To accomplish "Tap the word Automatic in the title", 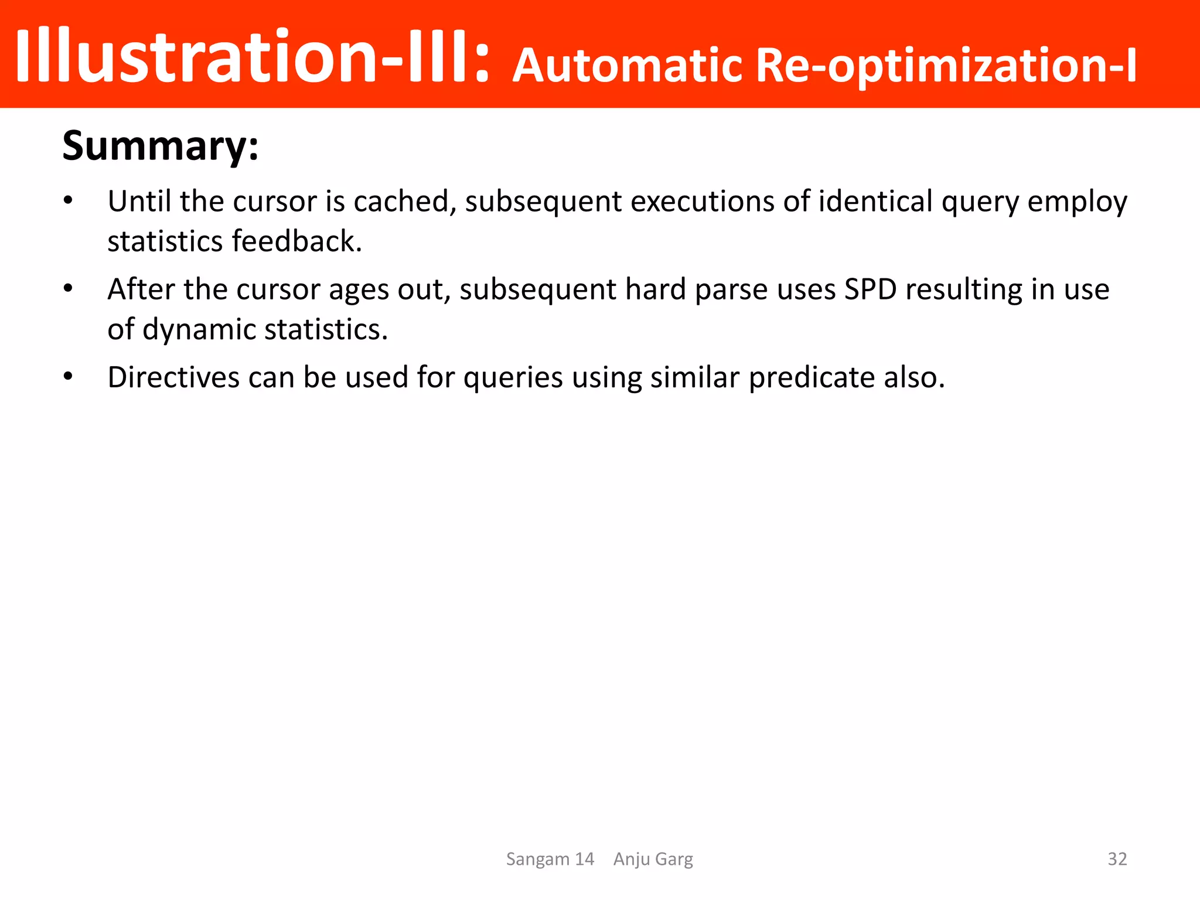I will tap(628, 66).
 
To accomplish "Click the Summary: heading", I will tap(160, 146).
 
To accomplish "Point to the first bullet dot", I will tap(69, 202).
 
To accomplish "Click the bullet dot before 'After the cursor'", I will tap(69, 289).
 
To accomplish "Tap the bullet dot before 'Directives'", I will tap(69, 377).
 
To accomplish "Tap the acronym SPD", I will tap(870, 289).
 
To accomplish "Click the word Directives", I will tap(173, 377).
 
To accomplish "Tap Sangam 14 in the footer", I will tap(550, 859).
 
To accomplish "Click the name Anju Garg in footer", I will tap(653, 859).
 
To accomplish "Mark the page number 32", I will tap(1117, 859).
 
